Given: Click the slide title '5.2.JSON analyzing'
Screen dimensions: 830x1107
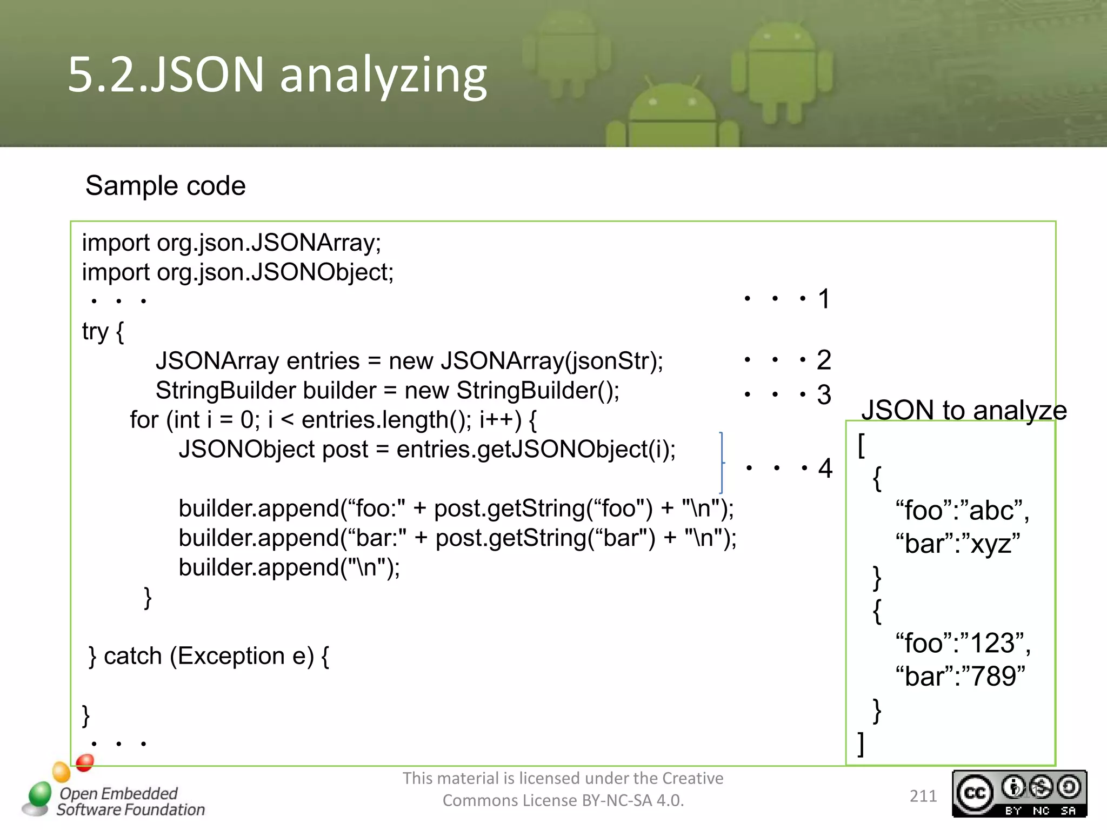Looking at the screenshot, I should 277,75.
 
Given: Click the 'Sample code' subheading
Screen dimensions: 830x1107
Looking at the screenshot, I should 165,186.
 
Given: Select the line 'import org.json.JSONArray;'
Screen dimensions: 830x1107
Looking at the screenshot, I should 231,243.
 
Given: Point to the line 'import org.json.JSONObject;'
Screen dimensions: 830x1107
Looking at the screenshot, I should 238,272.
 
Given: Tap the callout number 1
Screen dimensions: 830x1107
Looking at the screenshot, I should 824,299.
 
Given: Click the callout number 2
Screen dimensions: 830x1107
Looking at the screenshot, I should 824,360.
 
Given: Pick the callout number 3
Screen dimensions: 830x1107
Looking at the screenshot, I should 824,394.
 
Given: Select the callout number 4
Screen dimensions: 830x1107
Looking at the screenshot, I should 825,468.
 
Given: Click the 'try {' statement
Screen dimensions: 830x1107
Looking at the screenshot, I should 103,331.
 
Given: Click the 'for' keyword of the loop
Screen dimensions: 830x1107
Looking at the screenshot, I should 144,420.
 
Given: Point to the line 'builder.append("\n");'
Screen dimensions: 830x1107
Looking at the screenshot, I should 289,567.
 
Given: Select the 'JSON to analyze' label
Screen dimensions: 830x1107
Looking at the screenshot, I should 964,410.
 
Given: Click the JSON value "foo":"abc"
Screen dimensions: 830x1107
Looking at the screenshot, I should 962,510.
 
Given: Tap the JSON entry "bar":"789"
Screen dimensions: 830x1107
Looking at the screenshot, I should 960,676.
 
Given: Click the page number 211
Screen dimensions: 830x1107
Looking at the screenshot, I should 923,796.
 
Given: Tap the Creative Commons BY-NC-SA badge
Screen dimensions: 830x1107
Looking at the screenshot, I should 1019,793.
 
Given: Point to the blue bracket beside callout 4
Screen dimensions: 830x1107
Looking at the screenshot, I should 722,463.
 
